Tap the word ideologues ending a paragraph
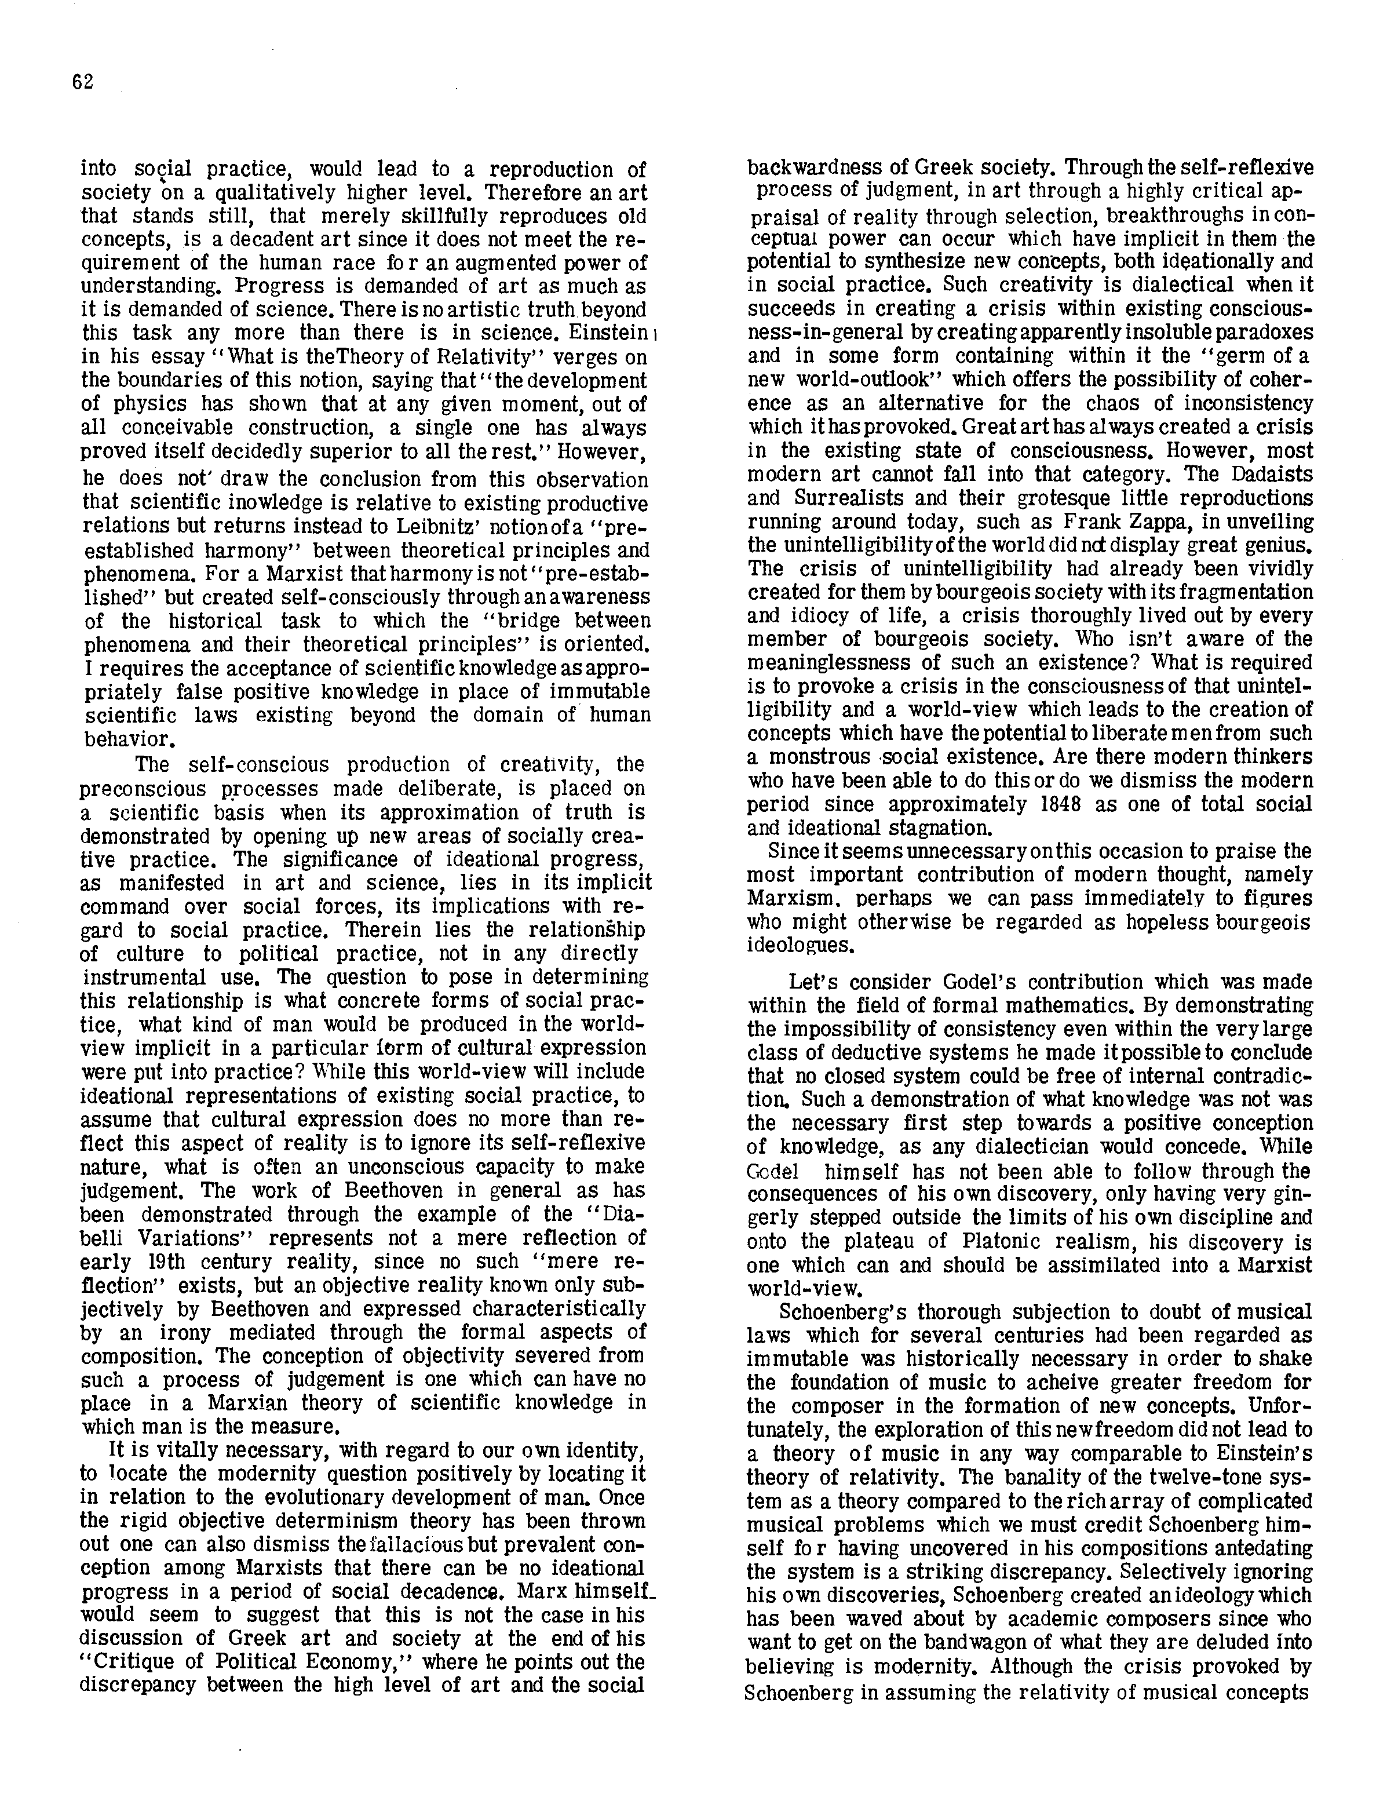point(800,945)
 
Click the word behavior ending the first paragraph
point(123,739)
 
